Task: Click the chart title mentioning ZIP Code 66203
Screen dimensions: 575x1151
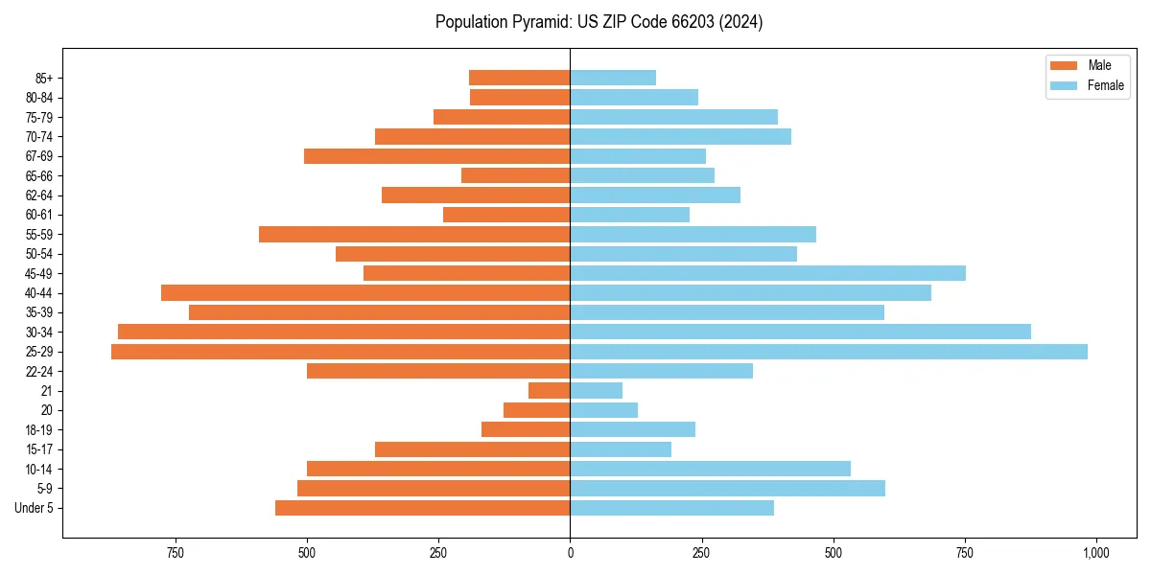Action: click(599, 22)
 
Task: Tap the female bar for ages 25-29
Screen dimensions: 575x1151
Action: click(829, 352)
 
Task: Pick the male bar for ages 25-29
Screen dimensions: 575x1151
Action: click(341, 352)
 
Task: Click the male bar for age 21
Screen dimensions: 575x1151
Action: click(550, 391)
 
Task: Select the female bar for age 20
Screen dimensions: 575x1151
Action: click(603, 410)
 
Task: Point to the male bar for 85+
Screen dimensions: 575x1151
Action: click(519, 78)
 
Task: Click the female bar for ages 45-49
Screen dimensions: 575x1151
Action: click(767, 273)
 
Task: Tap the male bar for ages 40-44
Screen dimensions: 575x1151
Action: click(365, 292)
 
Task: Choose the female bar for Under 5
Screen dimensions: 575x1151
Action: click(671, 508)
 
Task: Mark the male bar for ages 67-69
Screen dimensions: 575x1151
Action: click(436, 156)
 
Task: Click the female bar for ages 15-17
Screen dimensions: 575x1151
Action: click(621, 449)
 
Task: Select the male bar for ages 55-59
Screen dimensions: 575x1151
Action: click(414, 234)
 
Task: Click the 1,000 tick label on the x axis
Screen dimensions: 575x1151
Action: click(1095, 553)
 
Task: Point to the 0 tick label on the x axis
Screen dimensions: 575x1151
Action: click(570, 553)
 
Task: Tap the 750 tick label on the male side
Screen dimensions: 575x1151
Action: click(175, 553)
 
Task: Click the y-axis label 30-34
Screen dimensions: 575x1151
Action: click(39, 333)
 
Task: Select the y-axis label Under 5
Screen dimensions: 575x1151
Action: click(34, 508)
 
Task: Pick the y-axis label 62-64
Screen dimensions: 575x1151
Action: click(39, 195)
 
